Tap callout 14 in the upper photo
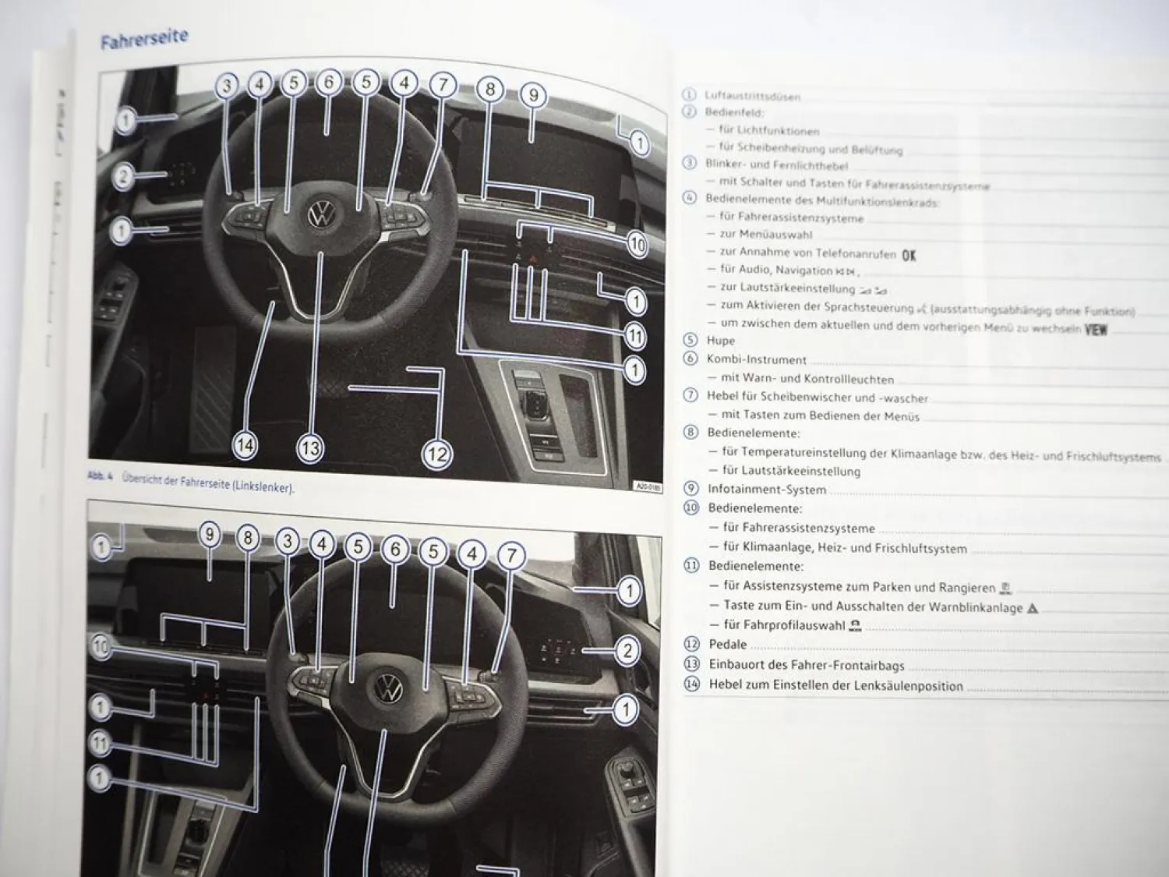click(245, 445)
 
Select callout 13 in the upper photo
click(309, 447)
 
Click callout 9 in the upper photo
click(533, 96)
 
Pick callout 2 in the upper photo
click(122, 177)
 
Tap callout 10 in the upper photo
click(637, 245)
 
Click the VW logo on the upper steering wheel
click(320, 215)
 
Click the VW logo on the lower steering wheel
click(388, 688)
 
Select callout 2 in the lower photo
click(627, 651)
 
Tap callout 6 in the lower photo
click(395, 550)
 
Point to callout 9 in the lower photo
click(209, 536)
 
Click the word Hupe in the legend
click(720, 341)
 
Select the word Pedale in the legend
click(727, 645)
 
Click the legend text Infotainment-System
click(766, 490)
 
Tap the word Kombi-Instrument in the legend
click(756, 359)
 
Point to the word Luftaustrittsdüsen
click(752, 97)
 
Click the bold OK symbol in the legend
click(909, 255)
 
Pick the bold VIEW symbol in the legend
click(1096, 330)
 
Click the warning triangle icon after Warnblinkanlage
click(1033, 608)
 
